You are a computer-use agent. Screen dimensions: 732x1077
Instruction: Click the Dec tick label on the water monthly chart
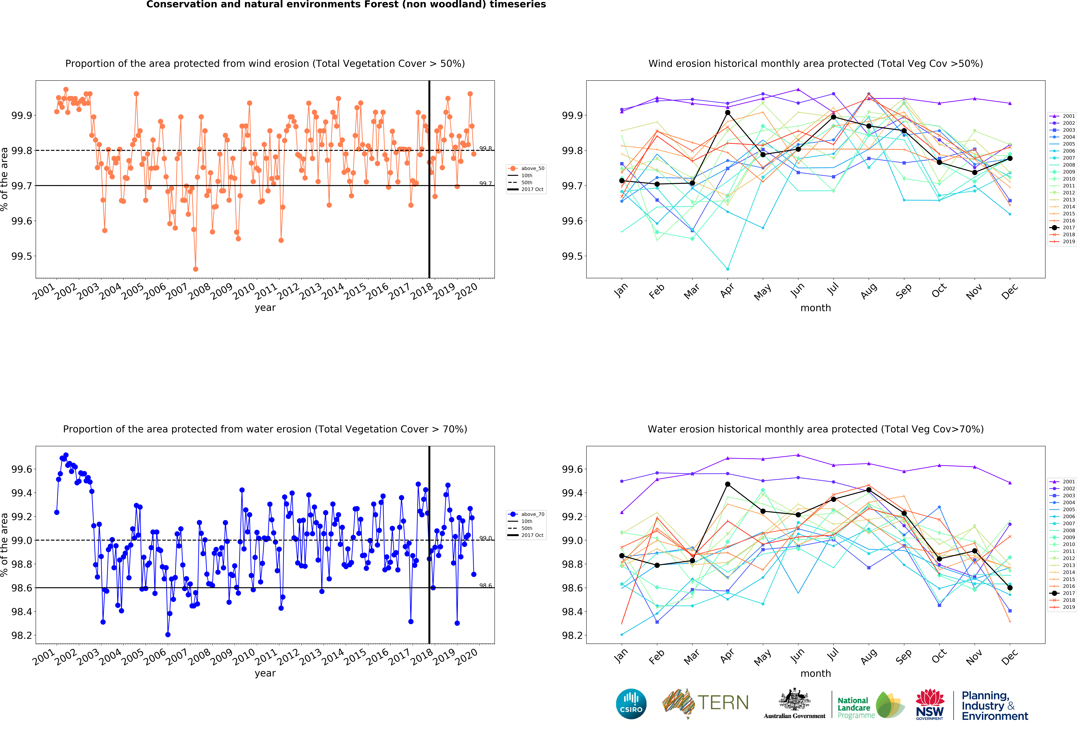[x=1009, y=656]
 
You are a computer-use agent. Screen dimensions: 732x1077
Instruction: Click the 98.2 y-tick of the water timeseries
[x=22, y=635]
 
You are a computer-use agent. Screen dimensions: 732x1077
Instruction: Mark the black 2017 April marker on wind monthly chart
[x=728, y=113]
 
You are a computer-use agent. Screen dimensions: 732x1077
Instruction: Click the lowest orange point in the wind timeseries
[x=196, y=269]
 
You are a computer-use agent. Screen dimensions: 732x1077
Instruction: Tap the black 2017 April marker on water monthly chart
[x=728, y=484]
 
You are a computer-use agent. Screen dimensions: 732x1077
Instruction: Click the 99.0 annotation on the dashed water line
[x=485, y=538]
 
